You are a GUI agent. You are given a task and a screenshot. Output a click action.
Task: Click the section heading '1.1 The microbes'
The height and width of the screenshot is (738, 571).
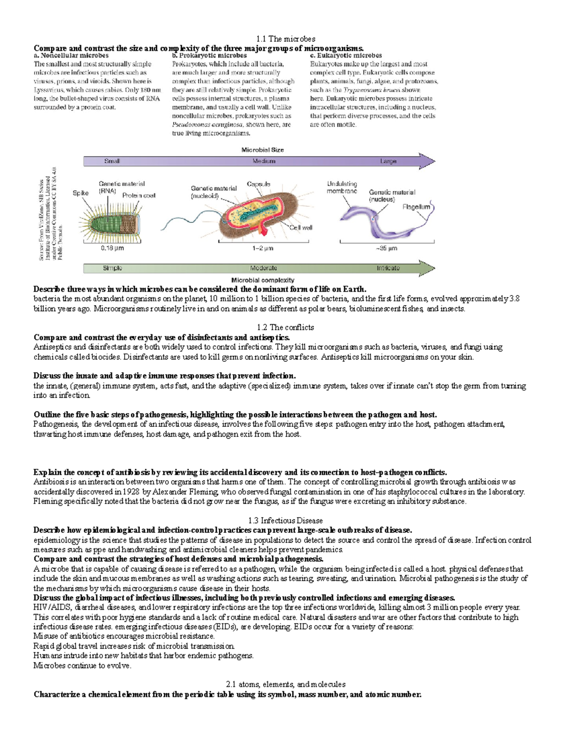(285, 38)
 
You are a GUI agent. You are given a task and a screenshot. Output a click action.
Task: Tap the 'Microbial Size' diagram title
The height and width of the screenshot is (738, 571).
(262, 150)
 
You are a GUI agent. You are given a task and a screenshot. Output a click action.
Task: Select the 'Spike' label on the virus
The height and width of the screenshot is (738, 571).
(80, 193)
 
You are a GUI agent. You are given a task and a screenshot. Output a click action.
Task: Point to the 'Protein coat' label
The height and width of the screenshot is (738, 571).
(138, 195)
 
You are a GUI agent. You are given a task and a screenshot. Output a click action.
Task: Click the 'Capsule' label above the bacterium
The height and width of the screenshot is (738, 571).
(258, 184)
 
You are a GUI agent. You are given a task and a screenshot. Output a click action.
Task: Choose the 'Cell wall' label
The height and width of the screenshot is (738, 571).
(301, 228)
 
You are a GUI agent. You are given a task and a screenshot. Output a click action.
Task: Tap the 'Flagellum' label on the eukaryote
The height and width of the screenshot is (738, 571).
(416, 207)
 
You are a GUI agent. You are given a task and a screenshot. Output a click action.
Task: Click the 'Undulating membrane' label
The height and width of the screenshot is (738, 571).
(342, 187)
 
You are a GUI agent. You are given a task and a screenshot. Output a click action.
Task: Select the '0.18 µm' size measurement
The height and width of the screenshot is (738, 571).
(112, 248)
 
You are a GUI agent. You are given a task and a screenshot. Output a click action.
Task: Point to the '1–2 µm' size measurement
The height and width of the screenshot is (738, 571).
(263, 248)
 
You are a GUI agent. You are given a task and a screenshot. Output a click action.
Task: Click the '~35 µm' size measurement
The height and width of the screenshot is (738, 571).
(386, 248)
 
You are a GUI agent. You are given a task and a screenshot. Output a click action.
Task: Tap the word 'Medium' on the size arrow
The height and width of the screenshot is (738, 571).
(264, 161)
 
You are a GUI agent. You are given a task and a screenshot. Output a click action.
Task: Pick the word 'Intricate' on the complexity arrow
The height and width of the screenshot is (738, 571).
(388, 268)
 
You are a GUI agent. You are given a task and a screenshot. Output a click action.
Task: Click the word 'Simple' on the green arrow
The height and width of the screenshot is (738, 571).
(112, 268)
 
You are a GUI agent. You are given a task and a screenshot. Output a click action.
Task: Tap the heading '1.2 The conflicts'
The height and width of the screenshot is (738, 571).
(285, 327)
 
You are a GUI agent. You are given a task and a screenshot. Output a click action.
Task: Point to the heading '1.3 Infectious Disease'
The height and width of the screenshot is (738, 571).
(285, 520)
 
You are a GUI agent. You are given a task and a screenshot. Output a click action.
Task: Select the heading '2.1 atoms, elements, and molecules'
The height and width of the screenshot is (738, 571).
(285, 684)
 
